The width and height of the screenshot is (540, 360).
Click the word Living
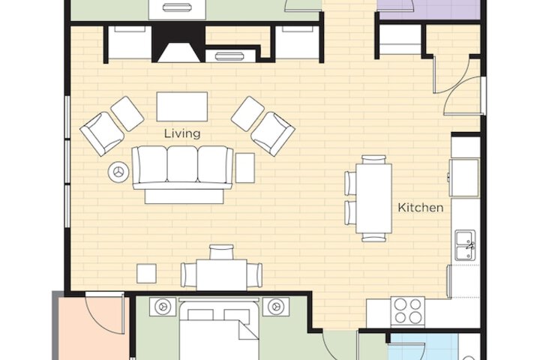(182, 133)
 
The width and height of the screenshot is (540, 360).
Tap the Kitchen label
(420, 207)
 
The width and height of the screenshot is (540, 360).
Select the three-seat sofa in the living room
(182, 166)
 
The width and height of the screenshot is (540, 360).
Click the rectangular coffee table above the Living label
(182, 106)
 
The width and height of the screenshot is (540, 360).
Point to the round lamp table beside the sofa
(118, 172)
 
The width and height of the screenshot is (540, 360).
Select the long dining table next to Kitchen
(373, 198)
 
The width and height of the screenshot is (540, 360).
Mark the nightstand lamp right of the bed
(276, 306)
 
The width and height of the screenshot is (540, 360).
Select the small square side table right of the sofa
(245, 167)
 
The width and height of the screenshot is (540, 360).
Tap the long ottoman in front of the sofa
(184, 196)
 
